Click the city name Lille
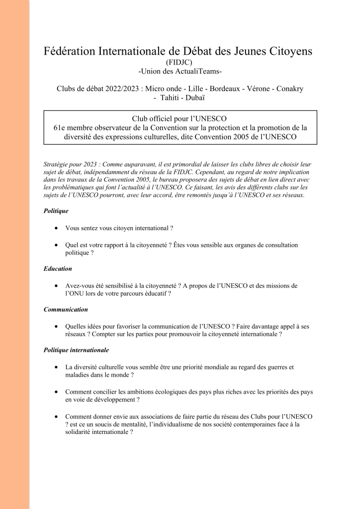(x=195, y=89)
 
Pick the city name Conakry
(x=287, y=89)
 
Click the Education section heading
(x=58, y=268)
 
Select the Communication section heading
(x=66, y=309)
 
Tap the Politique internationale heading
(x=76, y=350)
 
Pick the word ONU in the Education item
(x=75, y=294)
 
